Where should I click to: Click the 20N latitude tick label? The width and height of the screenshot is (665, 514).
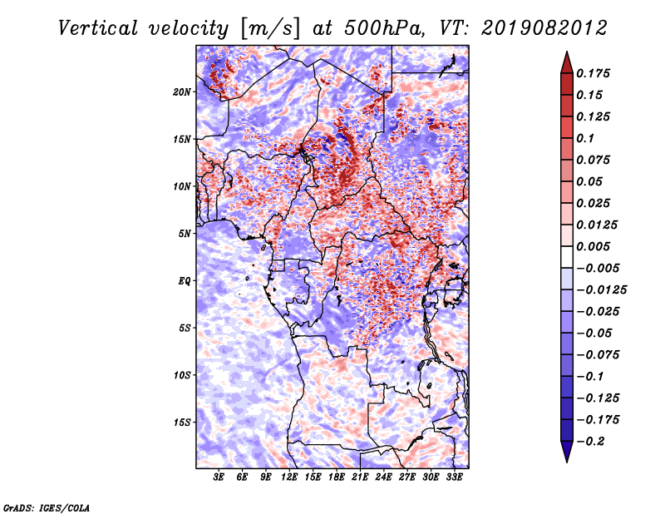click(x=182, y=92)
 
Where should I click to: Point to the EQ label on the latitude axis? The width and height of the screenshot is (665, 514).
click(x=185, y=281)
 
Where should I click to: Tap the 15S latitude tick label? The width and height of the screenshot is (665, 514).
click(x=182, y=423)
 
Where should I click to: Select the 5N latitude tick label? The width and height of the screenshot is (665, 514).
click(x=185, y=234)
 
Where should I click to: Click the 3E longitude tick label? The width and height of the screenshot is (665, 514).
click(x=219, y=477)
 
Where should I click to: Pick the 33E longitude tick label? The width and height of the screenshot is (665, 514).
click(x=454, y=477)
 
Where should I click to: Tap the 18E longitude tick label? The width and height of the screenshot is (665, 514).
click(x=337, y=477)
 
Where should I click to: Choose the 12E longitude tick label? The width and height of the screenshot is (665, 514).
click(x=289, y=477)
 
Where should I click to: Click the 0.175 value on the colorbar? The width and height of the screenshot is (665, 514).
click(x=593, y=73)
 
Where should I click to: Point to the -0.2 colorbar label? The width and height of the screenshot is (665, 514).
click(x=590, y=442)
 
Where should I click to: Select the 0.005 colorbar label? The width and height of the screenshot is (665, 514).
click(x=593, y=246)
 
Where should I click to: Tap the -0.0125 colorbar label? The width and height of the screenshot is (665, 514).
click(x=601, y=290)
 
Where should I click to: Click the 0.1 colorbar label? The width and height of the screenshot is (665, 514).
click(x=585, y=138)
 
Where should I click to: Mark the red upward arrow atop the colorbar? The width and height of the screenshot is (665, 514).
click(x=567, y=62)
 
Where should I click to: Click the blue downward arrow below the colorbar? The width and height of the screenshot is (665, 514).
click(x=567, y=452)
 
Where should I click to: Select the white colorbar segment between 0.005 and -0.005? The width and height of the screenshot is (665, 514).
click(x=567, y=257)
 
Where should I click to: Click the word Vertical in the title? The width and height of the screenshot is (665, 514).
click(x=98, y=28)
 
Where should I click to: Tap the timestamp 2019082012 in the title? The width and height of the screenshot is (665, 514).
click(x=544, y=28)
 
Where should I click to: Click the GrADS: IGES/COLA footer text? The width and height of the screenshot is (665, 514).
click(x=47, y=507)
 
